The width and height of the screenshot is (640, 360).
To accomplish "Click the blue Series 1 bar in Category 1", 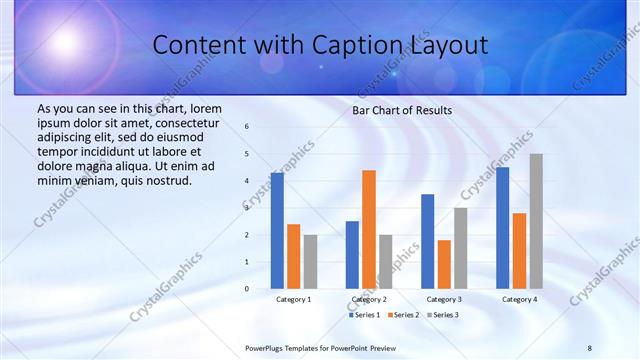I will [x=277, y=231].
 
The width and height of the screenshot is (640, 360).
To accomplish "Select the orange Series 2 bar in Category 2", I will [x=369, y=229].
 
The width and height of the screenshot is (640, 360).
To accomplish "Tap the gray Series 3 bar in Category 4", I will [x=536, y=221].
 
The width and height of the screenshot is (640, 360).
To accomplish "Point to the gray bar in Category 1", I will [x=310, y=262].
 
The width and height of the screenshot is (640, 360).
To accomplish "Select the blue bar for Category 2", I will [x=352, y=255].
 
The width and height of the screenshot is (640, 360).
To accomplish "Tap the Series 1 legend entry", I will [x=363, y=315].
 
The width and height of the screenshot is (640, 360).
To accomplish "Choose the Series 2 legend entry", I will [x=402, y=315].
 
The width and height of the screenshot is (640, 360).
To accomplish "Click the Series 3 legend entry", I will [x=441, y=315].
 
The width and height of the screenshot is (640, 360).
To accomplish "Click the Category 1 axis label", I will [x=293, y=299].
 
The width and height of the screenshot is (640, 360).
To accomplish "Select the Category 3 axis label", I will [x=443, y=299].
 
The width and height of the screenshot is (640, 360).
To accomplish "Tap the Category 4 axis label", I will [x=519, y=299].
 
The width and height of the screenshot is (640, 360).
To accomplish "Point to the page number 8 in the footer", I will [x=590, y=347].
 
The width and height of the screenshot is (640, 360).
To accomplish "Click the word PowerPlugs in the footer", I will [x=267, y=347].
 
